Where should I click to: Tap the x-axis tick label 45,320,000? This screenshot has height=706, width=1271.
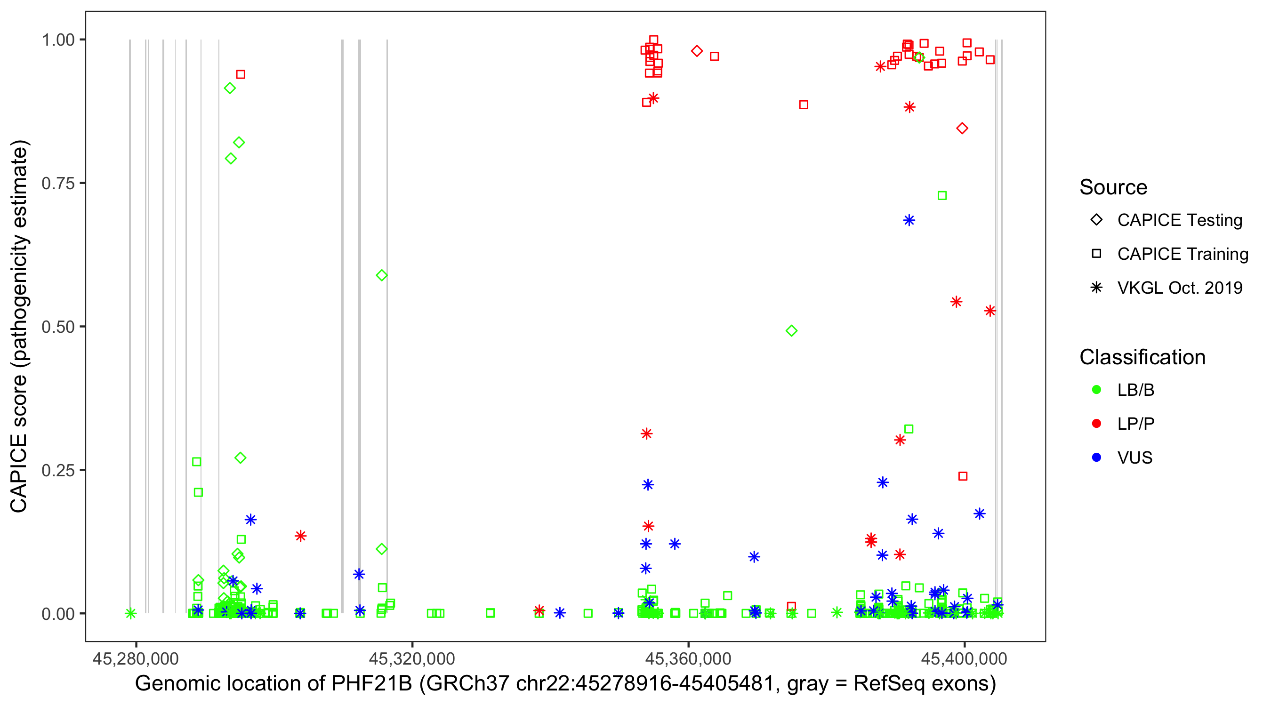[412, 659]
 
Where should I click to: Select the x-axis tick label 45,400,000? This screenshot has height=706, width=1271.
[964, 659]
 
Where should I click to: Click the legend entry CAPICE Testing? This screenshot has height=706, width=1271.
[1179, 220]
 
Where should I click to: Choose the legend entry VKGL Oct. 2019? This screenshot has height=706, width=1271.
[1179, 288]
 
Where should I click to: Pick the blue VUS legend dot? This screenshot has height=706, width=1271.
[1097, 457]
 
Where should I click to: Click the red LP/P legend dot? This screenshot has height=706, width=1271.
[1097, 424]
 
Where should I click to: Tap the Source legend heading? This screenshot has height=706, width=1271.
[1113, 187]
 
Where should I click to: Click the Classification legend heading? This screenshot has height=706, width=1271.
[1142, 357]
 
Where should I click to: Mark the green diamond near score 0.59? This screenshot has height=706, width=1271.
[381, 275]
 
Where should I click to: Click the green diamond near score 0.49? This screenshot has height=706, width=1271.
[791, 331]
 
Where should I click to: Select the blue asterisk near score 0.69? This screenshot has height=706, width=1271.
[909, 221]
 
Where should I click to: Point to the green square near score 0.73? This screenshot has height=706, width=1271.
[942, 196]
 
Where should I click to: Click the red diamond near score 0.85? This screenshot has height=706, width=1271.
[962, 129]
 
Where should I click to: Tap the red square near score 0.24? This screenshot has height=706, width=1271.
[963, 476]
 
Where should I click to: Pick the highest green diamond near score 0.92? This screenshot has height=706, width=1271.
[230, 88]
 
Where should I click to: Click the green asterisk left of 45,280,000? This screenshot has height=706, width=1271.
[131, 613]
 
